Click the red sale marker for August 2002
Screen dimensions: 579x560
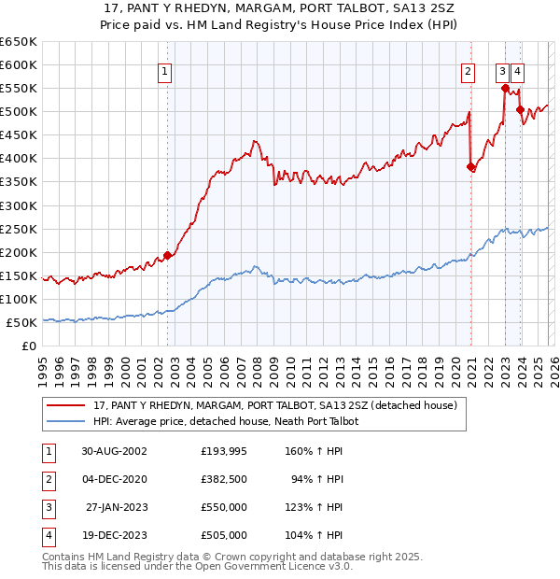point(168,255)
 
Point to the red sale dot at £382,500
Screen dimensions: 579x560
point(470,167)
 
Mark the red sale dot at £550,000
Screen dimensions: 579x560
point(505,89)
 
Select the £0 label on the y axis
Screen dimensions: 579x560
point(29,346)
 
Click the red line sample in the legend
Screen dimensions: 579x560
point(65,406)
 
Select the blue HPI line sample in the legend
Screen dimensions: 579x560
point(65,422)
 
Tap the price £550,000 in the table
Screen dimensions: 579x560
point(224,509)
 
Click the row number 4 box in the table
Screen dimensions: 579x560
point(47,537)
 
